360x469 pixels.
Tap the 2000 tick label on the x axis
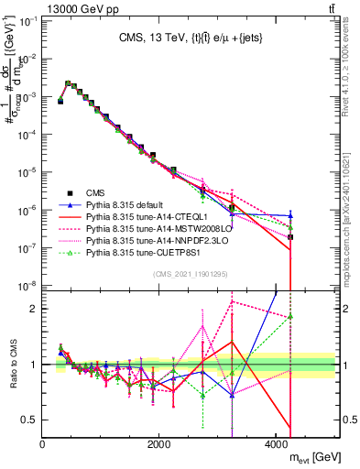[159, 443]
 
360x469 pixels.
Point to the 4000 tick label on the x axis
[277, 443]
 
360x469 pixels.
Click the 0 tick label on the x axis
[42, 443]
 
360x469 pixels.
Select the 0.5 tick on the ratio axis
[29, 420]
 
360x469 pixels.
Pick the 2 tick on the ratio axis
[35, 309]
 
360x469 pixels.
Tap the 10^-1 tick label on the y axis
[27, 20]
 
